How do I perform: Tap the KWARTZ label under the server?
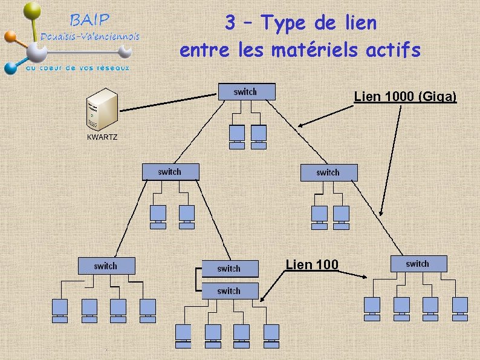(x=102, y=137)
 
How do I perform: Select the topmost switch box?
(x=246, y=91)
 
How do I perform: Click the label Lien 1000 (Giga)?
(x=405, y=97)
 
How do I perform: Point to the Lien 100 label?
(x=311, y=264)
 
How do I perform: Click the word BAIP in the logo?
(x=91, y=19)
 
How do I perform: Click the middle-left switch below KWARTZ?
(x=170, y=172)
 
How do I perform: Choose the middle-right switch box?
(x=329, y=172)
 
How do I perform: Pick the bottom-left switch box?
(x=106, y=266)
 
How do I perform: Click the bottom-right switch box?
(x=418, y=264)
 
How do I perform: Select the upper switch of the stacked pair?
(x=229, y=268)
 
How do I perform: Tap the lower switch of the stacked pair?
(x=229, y=291)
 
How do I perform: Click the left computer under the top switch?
(x=237, y=136)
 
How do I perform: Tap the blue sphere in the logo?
(x=10, y=67)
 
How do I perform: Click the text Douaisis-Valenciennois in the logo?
(x=90, y=37)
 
